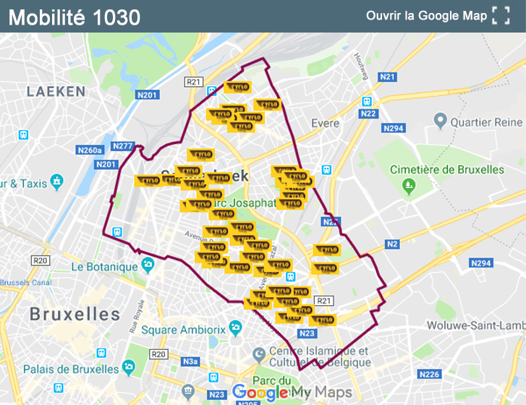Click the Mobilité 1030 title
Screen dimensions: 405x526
(74, 17)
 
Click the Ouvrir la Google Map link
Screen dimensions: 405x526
(426, 16)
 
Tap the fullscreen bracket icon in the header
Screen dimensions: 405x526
(501, 16)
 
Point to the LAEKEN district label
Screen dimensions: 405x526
(56, 92)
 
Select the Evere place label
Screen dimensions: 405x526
(325, 123)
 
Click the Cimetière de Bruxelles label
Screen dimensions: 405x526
(447, 169)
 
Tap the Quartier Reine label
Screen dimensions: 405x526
(485, 122)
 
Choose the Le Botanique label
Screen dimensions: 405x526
(104, 266)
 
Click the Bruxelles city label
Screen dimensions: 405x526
(75, 314)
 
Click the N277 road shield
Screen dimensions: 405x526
(123, 146)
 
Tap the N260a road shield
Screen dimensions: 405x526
(90, 150)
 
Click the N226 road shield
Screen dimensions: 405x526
(430, 374)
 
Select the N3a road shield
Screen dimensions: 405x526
(190, 361)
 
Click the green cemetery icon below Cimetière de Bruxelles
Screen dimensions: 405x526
(410, 186)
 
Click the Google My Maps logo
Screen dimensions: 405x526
(292, 393)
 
